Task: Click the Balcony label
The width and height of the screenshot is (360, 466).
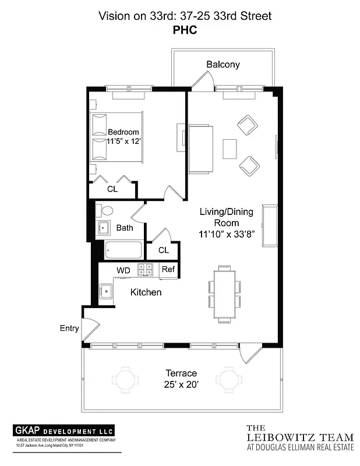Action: (x=223, y=65)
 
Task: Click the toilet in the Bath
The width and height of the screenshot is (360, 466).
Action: (x=105, y=210)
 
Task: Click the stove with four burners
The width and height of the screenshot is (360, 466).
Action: (x=145, y=270)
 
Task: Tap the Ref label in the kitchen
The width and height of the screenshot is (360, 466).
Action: (x=168, y=270)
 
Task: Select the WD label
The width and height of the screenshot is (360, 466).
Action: (x=123, y=270)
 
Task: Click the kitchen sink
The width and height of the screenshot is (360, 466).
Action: (x=105, y=290)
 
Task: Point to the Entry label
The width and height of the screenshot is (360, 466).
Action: (x=69, y=329)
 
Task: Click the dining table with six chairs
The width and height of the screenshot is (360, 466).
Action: (x=224, y=294)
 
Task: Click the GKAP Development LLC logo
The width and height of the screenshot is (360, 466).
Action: (x=64, y=431)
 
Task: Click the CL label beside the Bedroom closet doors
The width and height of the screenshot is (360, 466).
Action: (x=112, y=189)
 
